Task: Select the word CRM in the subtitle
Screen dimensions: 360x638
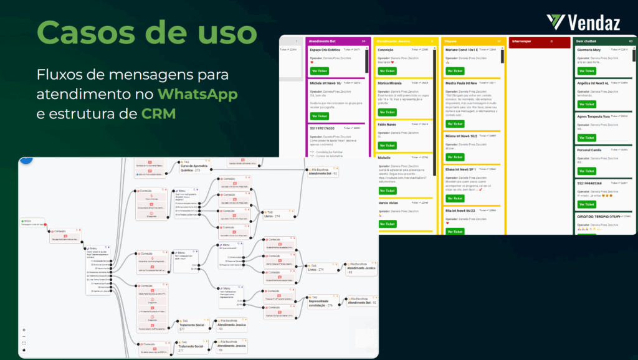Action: (x=158, y=114)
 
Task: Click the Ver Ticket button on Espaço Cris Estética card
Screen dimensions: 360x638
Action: (x=319, y=71)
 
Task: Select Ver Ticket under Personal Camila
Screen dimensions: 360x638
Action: (x=586, y=171)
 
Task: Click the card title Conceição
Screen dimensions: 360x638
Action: (x=386, y=50)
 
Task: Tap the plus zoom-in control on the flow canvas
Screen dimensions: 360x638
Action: (x=24, y=329)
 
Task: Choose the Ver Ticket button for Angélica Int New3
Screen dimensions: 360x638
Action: (x=586, y=104)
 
